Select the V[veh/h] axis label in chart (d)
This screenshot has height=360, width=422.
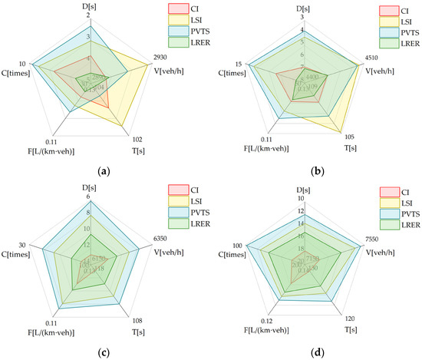coord(379,249)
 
